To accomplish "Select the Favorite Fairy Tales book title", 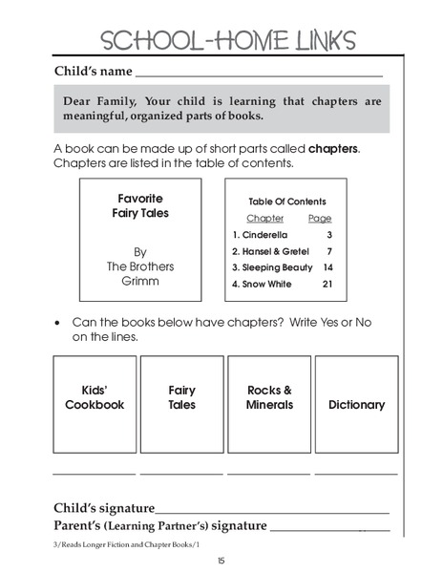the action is point(141,206).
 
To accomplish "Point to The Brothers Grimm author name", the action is point(140,267).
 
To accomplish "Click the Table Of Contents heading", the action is point(286,202).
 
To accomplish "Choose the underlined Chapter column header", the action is point(264,219).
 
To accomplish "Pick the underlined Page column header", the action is point(320,219).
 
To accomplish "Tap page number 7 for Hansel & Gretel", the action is point(327,251).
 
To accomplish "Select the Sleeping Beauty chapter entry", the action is point(271,267).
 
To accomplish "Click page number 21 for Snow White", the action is point(327,284).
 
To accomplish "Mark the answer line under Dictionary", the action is point(356,473).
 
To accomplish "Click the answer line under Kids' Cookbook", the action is point(94,473).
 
